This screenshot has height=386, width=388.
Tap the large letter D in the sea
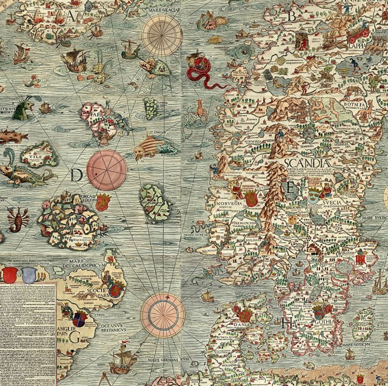76,175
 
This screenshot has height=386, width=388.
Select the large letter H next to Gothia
288,322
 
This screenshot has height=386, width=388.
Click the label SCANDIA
308,163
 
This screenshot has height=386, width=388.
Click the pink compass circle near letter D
107,170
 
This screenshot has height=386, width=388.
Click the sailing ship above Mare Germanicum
123,361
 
